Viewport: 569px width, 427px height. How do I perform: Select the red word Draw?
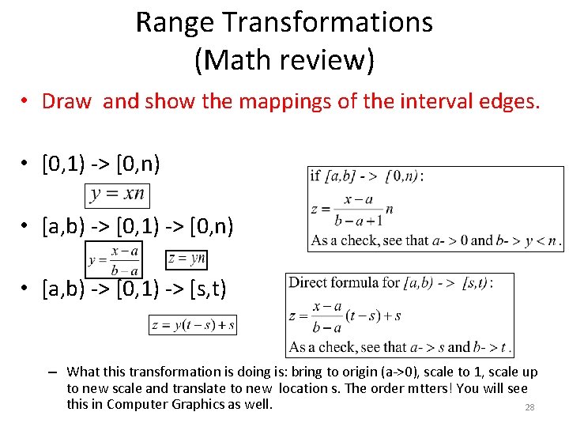(66, 101)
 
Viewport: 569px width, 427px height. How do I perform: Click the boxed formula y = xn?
(117, 195)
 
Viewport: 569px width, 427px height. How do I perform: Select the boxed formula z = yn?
(187, 259)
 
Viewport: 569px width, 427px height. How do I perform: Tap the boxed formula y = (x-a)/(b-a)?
(114, 259)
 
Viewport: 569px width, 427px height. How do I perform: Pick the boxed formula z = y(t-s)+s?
(192, 324)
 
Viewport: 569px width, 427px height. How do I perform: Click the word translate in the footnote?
(213, 388)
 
